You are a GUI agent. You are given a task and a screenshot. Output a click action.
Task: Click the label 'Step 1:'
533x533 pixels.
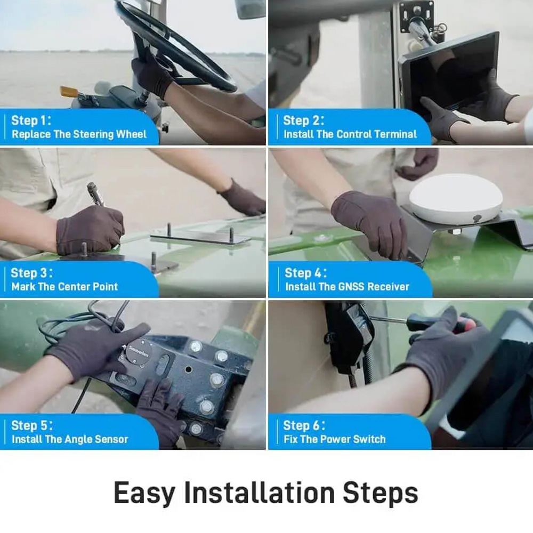pyautogui.click(x=31, y=120)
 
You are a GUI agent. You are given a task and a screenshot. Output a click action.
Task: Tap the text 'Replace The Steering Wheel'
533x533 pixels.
pyautogui.click(x=79, y=134)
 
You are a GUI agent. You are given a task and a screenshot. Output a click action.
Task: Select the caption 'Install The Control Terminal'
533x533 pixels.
pyautogui.click(x=350, y=134)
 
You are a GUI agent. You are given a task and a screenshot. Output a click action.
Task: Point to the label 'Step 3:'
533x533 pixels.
pyautogui.click(x=31, y=273)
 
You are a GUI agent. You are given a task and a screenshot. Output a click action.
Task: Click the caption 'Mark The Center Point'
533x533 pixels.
pyautogui.click(x=64, y=287)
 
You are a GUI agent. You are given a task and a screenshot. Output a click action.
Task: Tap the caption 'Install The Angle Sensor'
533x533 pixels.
pyautogui.click(x=70, y=439)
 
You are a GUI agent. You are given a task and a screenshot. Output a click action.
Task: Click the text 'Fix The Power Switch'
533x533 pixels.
pyautogui.click(x=335, y=439)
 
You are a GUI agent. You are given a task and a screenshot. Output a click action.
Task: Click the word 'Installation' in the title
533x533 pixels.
pyautogui.click(x=259, y=492)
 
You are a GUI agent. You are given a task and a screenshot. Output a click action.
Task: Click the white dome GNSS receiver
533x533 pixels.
pyautogui.click(x=456, y=199)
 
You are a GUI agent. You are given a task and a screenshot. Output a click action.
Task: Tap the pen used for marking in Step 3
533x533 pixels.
pyautogui.click(x=96, y=195)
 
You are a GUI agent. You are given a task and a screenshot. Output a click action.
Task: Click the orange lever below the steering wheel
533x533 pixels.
pyautogui.click(x=69, y=91)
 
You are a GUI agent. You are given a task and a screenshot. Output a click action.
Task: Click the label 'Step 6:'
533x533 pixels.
pyautogui.click(x=304, y=425)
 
